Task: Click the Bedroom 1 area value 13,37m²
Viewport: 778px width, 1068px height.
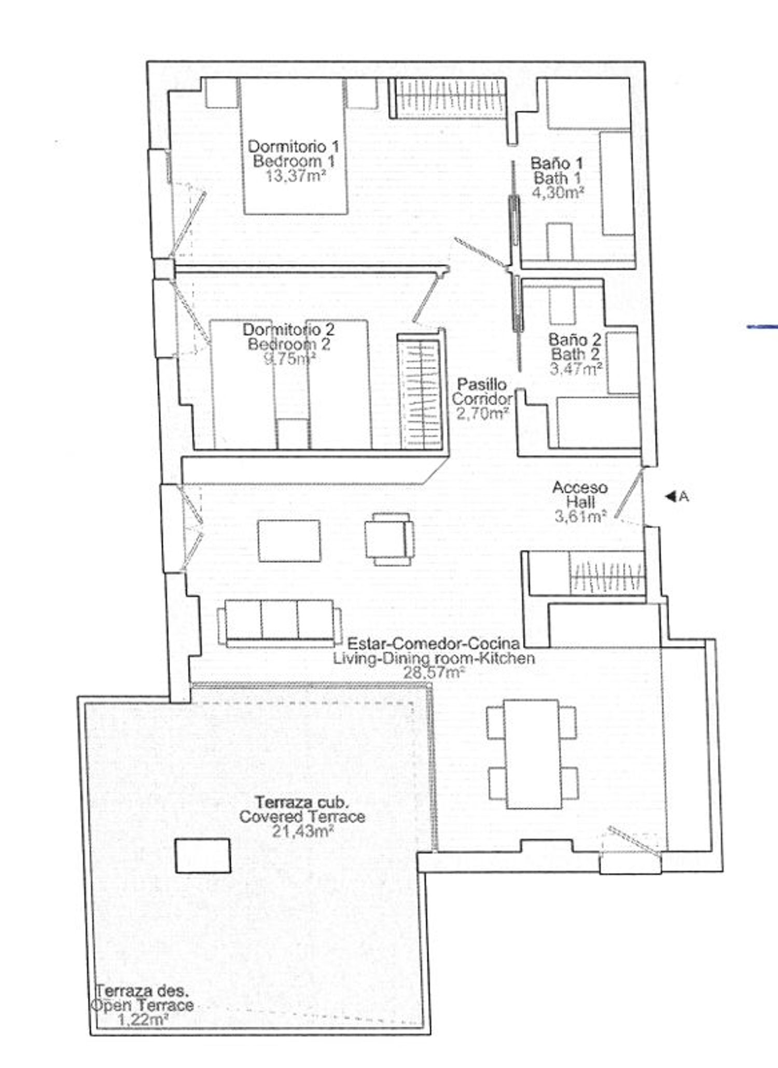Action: (296, 175)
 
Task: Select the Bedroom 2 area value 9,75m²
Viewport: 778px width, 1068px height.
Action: (290, 359)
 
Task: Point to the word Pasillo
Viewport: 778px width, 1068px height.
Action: (482, 385)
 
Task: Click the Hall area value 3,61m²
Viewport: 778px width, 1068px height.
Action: (581, 516)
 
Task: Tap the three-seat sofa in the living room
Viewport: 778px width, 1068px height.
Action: (280, 623)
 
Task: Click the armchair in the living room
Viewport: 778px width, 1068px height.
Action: (390, 539)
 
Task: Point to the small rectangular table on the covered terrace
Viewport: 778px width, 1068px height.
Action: (203, 856)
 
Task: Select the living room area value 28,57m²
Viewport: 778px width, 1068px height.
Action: (434, 673)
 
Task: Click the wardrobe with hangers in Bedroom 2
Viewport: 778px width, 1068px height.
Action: (420, 392)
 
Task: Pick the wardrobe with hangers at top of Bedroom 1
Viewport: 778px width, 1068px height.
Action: (448, 98)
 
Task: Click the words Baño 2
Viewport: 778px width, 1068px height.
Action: (575, 340)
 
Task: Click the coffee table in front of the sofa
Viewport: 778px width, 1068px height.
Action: (289, 541)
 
